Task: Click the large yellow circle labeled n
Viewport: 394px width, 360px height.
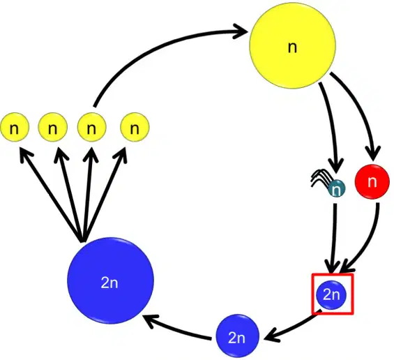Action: click(x=292, y=45)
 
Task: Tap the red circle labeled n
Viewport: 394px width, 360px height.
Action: click(x=372, y=181)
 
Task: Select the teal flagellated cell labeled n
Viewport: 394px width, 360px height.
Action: click(x=337, y=188)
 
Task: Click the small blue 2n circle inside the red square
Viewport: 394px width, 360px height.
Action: click(x=332, y=294)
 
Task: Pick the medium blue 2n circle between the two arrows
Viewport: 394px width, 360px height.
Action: click(x=238, y=336)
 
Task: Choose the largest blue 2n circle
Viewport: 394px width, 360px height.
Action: click(x=110, y=280)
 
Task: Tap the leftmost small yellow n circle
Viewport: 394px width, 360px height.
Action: click(x=15, y=127)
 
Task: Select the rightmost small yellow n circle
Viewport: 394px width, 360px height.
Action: click(x=135, y=127)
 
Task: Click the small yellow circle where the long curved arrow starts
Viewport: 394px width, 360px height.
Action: click(x=91, y=127)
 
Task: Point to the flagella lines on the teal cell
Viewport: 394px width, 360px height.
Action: click(x=320, y=177)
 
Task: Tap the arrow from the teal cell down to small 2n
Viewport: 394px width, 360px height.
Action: click(x=334, y=239)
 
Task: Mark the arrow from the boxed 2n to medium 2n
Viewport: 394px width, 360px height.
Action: click(x=291, y=327)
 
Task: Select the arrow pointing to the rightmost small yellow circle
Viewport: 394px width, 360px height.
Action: click(x=105, y=193)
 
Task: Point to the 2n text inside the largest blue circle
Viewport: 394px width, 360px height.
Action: click(x=109, y=283)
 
